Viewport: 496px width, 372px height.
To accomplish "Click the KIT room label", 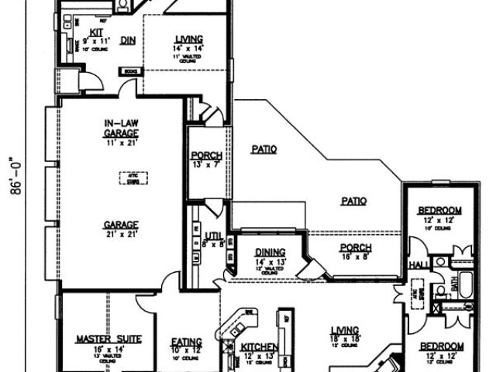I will [97, 31].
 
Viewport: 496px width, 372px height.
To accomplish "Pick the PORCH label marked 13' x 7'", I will [206, 156].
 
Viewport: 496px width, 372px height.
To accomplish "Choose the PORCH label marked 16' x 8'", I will [356, 248].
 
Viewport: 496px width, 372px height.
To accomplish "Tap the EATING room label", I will [187, 341].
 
